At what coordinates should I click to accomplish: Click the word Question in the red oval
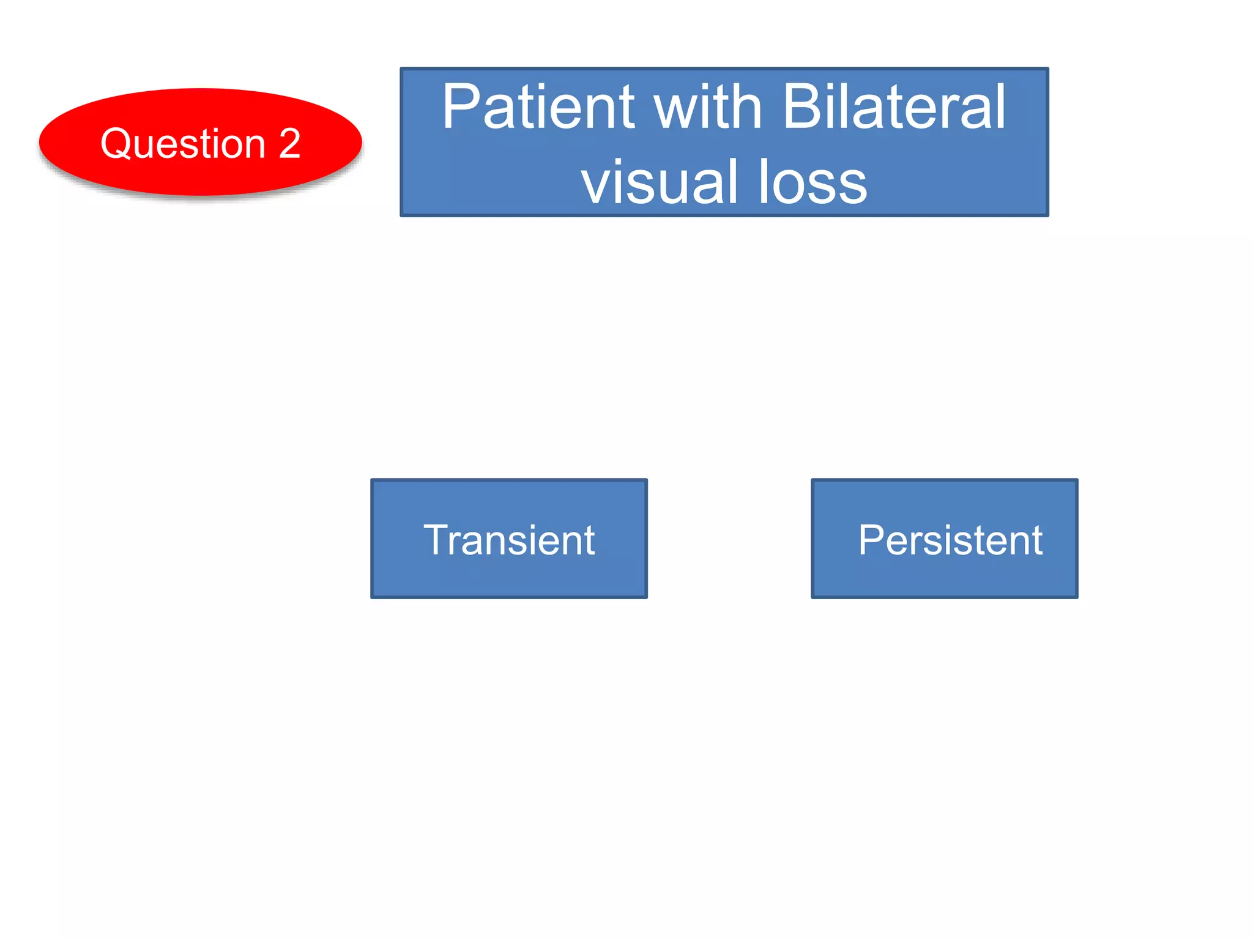point(183,144)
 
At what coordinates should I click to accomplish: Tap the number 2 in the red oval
point(289,144)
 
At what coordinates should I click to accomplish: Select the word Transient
point(509,540)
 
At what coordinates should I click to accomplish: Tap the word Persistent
point(950,540)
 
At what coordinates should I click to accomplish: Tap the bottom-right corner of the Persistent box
point(1076,597)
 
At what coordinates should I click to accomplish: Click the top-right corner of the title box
point(1047,69)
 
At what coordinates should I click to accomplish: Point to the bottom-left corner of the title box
point(402,215)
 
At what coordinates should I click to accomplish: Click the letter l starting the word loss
point(763,182)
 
